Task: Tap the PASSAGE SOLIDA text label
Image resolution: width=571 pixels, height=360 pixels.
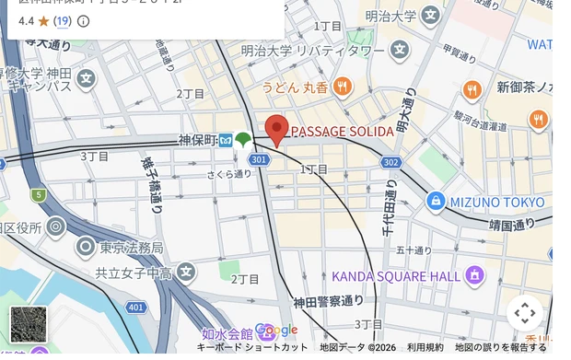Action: [343, 132]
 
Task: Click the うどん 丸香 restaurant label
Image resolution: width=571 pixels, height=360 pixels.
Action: [295, 87]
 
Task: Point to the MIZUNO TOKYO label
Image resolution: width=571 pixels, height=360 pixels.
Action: [497, 202]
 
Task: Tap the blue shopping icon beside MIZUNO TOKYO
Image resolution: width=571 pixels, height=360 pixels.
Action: [436, 201]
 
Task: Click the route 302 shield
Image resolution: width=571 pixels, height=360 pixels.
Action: [390, 162]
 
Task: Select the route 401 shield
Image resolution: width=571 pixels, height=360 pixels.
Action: [136, 307]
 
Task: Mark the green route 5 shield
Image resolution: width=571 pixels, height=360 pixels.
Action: [39, 195]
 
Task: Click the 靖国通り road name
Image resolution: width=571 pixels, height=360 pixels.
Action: [512, 223]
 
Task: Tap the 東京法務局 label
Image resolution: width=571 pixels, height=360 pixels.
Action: [131, 247]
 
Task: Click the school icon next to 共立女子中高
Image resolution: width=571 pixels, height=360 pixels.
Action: [186, 272]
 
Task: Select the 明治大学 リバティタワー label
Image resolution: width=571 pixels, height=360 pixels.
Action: [312, 50]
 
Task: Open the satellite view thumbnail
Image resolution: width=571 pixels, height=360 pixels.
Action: [28, 324]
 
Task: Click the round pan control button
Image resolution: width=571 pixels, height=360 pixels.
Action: [524, 313]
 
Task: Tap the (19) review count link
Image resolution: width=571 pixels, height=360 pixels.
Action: [62, 20]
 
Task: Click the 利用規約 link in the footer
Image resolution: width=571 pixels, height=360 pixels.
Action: [425, 347]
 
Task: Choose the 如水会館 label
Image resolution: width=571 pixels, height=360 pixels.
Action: [227, 333]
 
